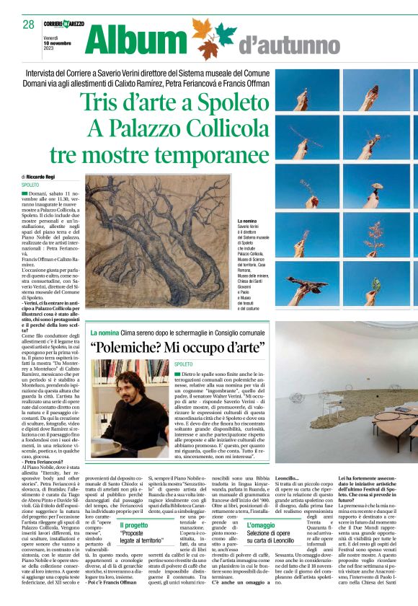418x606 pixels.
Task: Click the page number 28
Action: (29, 25)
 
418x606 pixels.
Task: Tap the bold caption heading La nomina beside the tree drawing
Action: (248, 221)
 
